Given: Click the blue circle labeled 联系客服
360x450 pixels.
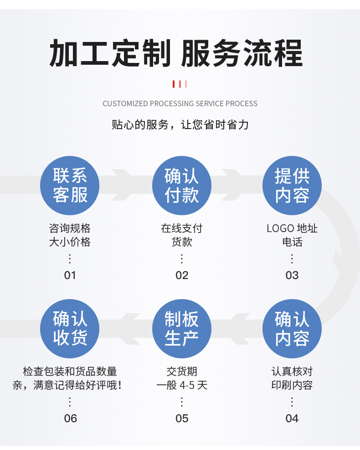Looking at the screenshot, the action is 70,186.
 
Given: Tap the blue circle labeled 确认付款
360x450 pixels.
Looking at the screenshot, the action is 181,186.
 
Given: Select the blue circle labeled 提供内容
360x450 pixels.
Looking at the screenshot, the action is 292,186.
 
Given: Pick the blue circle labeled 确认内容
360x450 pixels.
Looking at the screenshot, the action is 292,329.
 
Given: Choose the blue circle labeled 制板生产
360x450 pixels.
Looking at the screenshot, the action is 181,329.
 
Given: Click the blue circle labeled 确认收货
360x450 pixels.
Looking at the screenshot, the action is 70,329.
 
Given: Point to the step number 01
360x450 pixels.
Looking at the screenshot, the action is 70,275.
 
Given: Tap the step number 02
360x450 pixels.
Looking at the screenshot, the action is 181,275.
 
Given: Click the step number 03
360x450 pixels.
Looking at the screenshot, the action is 292,275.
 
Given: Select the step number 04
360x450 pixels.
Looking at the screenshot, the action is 292,418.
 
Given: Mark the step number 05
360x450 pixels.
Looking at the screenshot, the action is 181,418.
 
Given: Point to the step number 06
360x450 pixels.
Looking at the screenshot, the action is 70,418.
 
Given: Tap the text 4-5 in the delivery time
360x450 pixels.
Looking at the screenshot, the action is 187,385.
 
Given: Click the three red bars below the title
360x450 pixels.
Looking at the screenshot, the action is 180,84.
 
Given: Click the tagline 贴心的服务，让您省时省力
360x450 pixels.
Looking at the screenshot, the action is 180,124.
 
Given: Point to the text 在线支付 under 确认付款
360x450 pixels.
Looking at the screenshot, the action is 181,228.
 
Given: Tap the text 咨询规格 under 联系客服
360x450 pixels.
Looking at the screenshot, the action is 70,228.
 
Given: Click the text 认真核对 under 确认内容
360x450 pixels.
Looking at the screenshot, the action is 292,372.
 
